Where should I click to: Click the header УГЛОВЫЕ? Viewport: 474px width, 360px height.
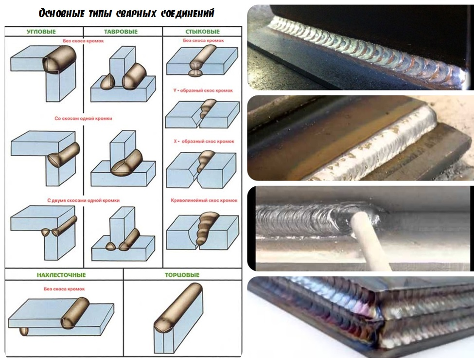(41, 32)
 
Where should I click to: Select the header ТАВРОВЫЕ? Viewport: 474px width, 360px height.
(121, 32)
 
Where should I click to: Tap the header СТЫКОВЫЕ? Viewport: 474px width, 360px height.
(203, 32)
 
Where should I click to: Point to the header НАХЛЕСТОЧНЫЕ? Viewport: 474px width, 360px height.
(61, 275)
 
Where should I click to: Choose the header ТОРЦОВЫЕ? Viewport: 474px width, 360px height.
(182, 275)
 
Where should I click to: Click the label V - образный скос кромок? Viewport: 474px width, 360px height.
(203, 90)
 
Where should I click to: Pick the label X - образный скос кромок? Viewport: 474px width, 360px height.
(204, 141)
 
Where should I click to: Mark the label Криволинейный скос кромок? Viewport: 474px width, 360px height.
(204, 200)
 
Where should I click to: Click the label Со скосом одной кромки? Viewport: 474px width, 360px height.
(83, 119)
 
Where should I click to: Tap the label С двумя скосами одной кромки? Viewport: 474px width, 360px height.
(84, 200)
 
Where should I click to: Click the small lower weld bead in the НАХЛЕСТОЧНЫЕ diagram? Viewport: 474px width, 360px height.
(24, 331)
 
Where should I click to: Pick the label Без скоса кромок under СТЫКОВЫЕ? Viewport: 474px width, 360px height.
(203, 40)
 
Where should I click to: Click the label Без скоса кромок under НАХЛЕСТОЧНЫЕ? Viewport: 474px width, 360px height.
(64, 289)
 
